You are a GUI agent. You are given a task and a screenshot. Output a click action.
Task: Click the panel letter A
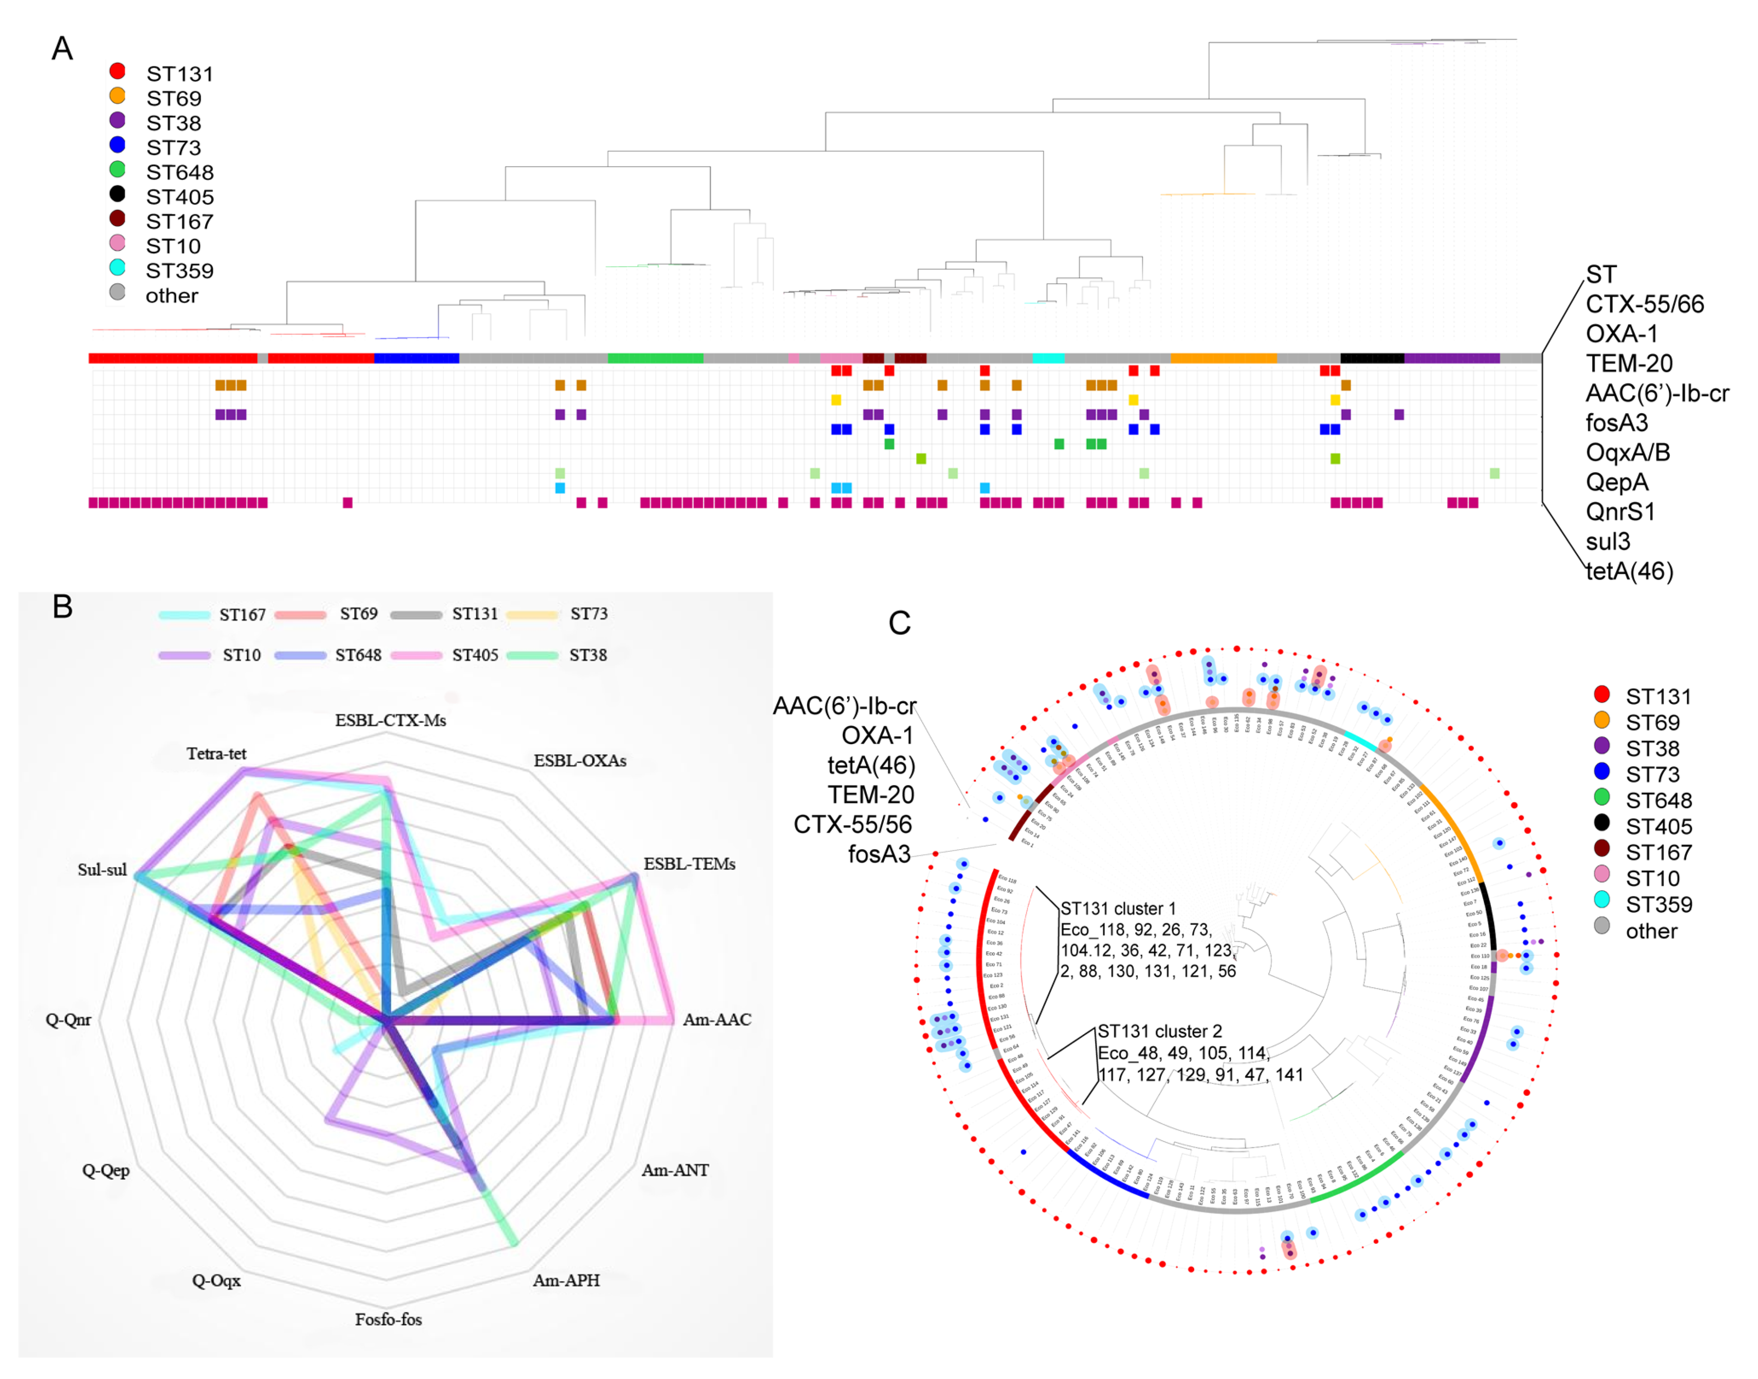tap(62, 48)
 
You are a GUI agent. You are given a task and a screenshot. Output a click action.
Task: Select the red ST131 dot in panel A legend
tap(117, 71)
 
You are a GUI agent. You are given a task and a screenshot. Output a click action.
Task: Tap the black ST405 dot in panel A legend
tap(117, 194)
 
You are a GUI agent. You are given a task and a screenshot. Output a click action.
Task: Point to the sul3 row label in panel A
tap(1607, 541)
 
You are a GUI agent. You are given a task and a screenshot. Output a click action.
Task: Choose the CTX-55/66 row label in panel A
tap(1644, 304)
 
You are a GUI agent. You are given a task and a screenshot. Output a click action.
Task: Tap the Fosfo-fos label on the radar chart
tap(388, 1319)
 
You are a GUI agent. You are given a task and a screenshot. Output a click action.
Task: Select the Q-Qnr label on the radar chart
tap(69, 1020)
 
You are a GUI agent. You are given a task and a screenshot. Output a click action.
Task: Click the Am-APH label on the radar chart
tap(566, 1280)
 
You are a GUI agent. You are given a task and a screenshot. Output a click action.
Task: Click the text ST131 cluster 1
tap(1119, 908)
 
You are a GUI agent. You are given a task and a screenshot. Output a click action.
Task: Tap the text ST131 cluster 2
tap(1160, 1031)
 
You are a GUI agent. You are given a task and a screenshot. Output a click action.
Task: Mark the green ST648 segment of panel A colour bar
tap(655, 358)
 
